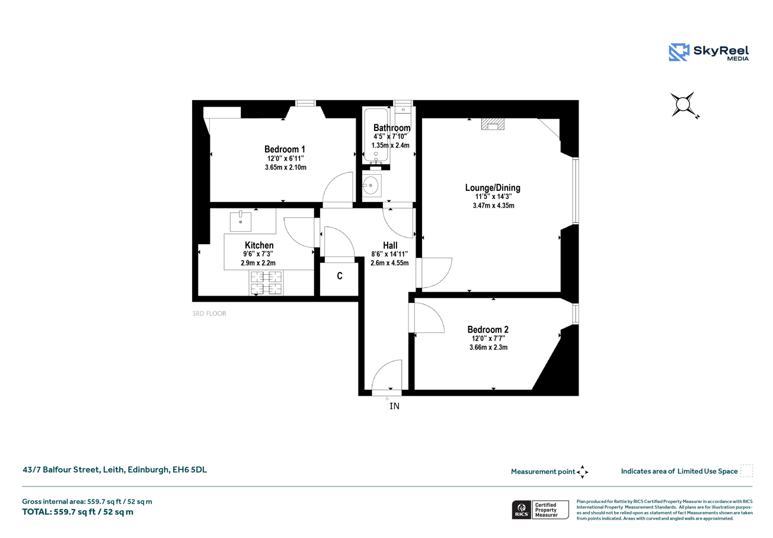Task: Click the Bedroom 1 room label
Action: pos(285,149)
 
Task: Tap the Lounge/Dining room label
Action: pos(493,188)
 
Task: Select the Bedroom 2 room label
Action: pos(488,329)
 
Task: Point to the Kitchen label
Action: pos(259,245)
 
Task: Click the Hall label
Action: pos(390,245)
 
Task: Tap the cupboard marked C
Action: pos(340,276)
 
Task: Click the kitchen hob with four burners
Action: pos(266,283)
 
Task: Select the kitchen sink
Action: pos(241,221)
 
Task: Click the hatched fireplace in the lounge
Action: pos(493,124)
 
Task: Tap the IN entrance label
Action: pos(394,406)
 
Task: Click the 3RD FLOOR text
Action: pos(209,313)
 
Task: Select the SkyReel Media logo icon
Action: pos(679,52)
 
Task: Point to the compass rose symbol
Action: pos(683,104)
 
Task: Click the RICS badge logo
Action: pos(522,510)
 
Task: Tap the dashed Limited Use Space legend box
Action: pos(746,470)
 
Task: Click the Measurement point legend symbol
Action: pos(583,472)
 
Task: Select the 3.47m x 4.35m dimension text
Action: pos(493,206)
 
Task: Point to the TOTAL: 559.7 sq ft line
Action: pos(78,512)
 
